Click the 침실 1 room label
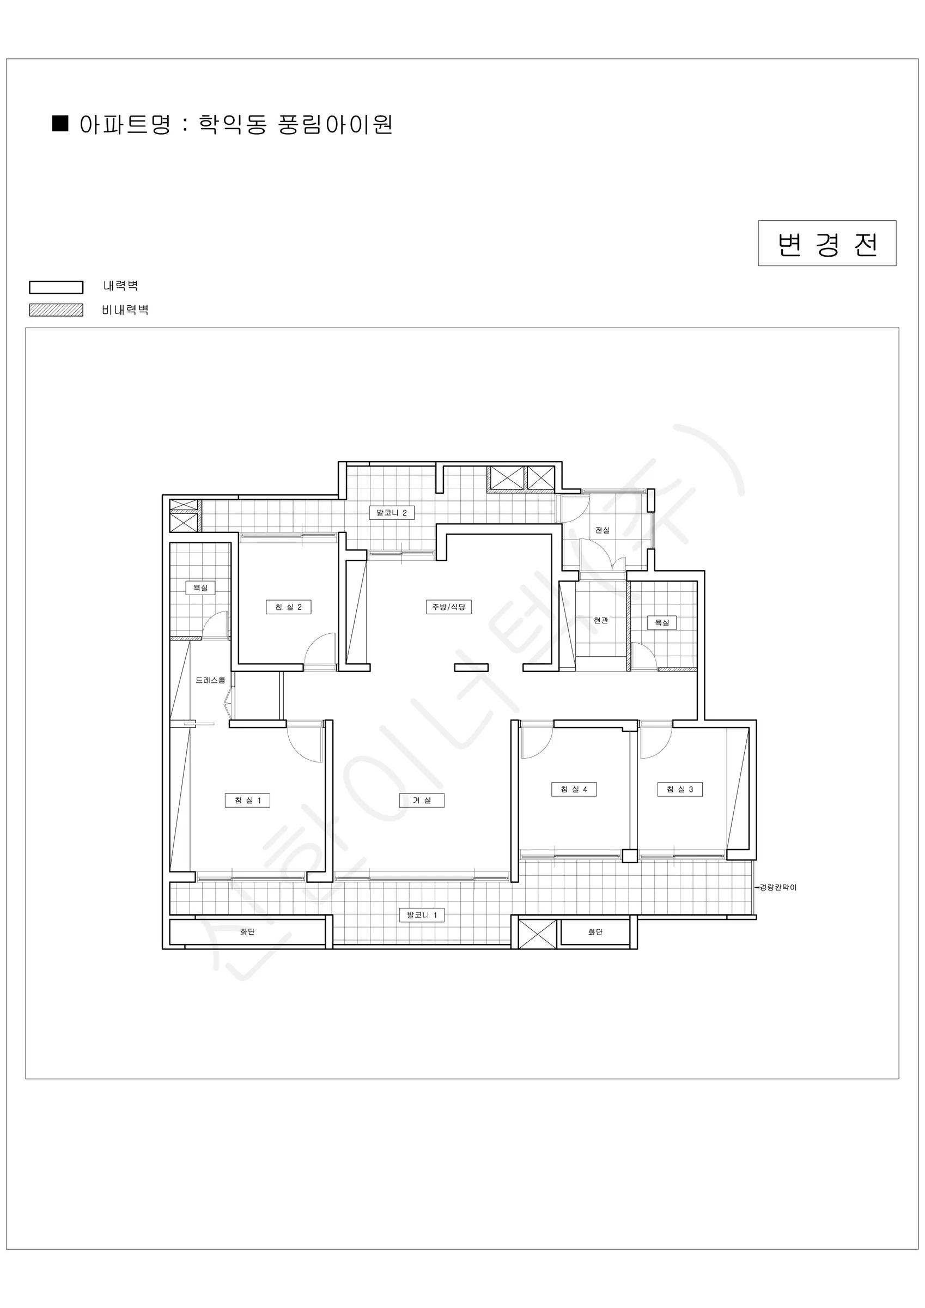click(x=248, y=801)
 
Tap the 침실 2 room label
click(x=289, y=607)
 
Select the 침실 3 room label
click(x=680, y=789)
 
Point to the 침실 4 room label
click(x=574, y=789)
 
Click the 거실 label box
click(x=422, y=801)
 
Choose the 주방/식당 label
click(x=449, y=607)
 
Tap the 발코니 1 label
click(x=422, y=915)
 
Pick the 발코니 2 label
click(x=392, y=513)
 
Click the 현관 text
click(x=601, y=620)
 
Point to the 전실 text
click(x=603, y=530)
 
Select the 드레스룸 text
click(x=210, y=680)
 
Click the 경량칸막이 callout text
click(x=778, y=887)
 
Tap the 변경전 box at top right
click(x=827, y=243)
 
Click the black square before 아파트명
click(x=60, y=123)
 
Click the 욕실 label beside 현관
click(x=662, y=623)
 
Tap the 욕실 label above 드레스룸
click(x=200, y=588)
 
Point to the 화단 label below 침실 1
click(x=247, y=931)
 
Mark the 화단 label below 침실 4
click(x=595, y=932)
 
